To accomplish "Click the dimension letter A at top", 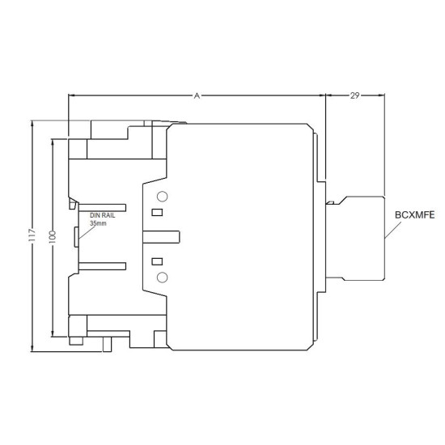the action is click(x=197, y=96).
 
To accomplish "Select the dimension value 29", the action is click(x=354, y=95).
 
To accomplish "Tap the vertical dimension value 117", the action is click(x=32, y=235).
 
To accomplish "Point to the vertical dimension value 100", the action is click(x=53, y=237).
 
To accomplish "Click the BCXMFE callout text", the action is click(x=414, y=215).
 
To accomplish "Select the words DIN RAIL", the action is click(x=103, y=215).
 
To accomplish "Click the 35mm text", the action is click(x=98, y=223).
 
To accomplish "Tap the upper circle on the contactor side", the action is click(x=163, y=197).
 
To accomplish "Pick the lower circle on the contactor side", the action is click(x=163, y=278).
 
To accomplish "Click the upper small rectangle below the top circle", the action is click(x=157, y=212).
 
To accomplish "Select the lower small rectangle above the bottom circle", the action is click(x=157, y=261).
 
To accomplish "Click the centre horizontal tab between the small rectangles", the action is click(x=161, y=237).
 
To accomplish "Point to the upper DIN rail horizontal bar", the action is click(x=102, y=207).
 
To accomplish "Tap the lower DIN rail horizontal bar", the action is click(x=102, y=266).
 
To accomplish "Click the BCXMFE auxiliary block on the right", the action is click(x=356, y=239).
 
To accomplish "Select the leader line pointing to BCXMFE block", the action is click(x=393, y=230).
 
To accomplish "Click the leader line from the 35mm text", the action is click(x=87, y=232).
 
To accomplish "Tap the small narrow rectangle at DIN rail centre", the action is click(x=76, y=237).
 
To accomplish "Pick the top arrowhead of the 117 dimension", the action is click(x=32, y=123).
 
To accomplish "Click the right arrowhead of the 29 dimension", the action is click(x=382, y=95).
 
